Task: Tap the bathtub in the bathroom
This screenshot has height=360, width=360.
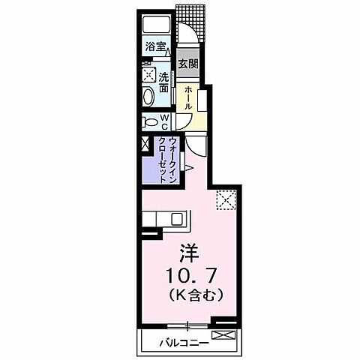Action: pos(158,25)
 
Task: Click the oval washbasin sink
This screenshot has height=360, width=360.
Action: pos(148,96)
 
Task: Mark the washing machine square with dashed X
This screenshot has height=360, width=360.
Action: pos(148,75)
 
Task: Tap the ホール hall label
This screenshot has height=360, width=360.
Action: pos(189,97)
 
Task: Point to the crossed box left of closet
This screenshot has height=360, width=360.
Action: pos(145,145)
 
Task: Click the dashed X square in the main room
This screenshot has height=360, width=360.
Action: pos(226,199)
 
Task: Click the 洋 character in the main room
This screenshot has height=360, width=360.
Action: pos(187,251)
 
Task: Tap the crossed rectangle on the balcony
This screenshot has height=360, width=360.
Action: pos(226,335)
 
